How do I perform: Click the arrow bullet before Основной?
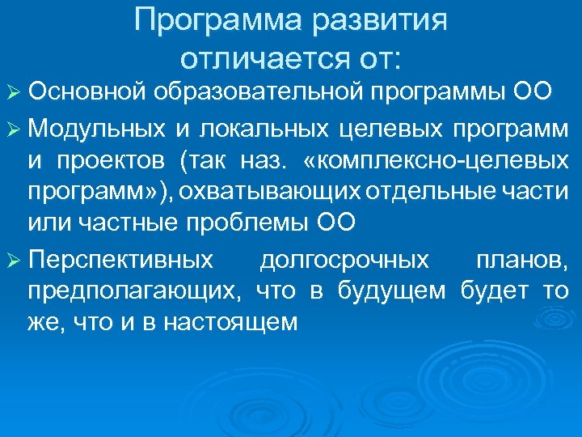15,93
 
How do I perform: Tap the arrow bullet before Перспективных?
15,261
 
